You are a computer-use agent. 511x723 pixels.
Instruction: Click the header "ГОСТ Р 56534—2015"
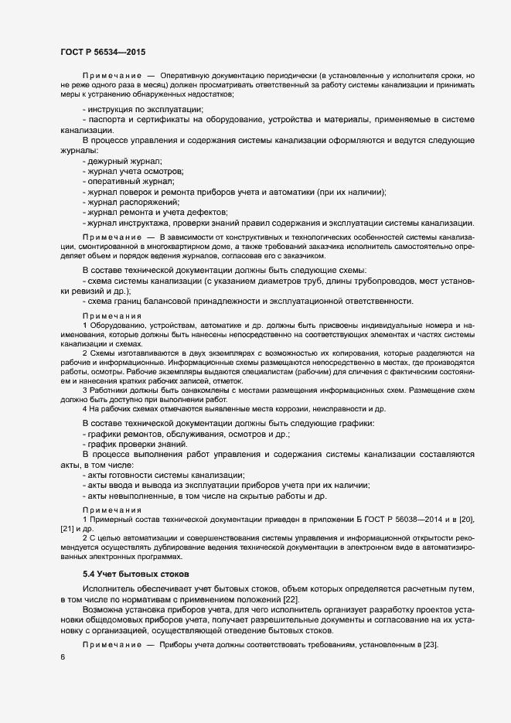[x=102, y=52]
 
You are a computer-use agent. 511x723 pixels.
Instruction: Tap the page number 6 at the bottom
[x=63, y=658]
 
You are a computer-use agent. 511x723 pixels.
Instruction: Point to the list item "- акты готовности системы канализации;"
[x=162, y=476]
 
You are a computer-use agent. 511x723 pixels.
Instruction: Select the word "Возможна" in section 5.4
[x=103, y=612]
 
